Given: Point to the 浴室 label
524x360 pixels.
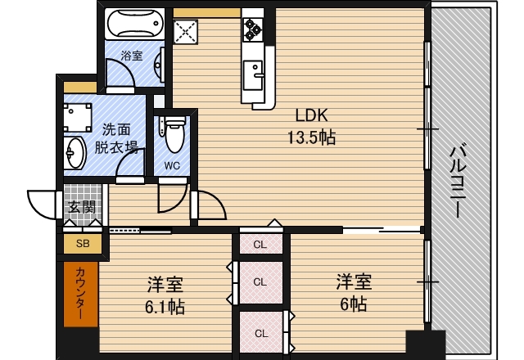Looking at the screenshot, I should point(132,56).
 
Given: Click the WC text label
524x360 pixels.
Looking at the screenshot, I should point(172,164).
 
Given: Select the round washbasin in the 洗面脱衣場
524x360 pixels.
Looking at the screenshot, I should point(76,151).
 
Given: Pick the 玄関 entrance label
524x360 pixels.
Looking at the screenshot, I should point(81,206).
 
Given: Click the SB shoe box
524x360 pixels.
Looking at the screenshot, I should point(82,243).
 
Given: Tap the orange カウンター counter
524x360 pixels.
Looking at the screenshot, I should point(81,295).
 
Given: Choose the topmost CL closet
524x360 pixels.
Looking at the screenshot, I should point(260,243).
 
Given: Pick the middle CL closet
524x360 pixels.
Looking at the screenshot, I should point(260,281).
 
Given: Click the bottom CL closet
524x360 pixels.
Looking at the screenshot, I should point(260,332).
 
